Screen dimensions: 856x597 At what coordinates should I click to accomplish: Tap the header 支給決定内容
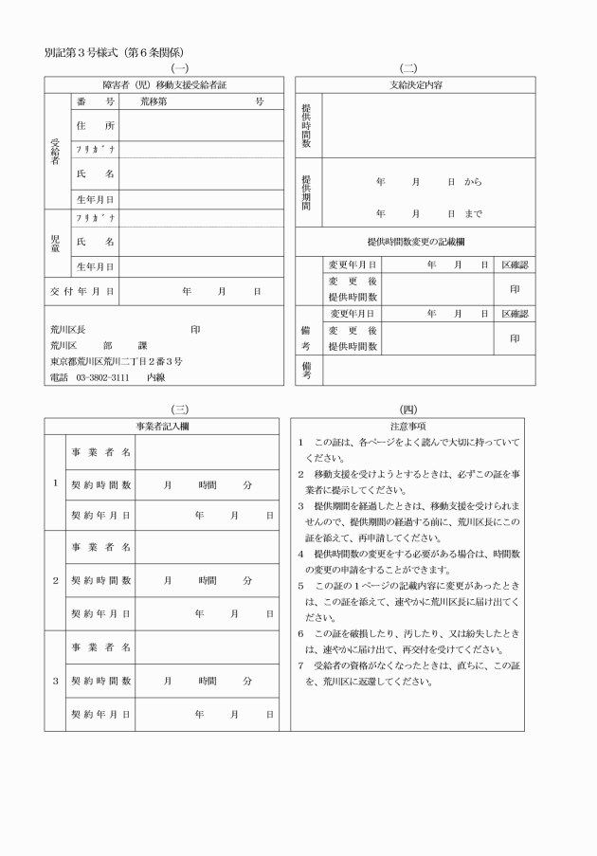click(x=415, y=84)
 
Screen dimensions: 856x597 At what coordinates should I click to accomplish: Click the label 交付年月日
click(x=81, y=291)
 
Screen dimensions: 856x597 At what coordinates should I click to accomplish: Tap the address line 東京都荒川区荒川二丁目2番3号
click(x=117, y=361)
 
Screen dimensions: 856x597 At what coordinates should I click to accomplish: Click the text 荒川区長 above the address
click(x=68, y=329)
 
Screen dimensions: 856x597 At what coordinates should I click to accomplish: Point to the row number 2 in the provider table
click(x=55, y=579)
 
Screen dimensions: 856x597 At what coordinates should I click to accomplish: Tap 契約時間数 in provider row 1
click(x=101, y=484)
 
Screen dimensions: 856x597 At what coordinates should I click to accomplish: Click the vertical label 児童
click(x=55, y=242)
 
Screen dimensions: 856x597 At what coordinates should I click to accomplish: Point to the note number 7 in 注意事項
click(x=299, y=666)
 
